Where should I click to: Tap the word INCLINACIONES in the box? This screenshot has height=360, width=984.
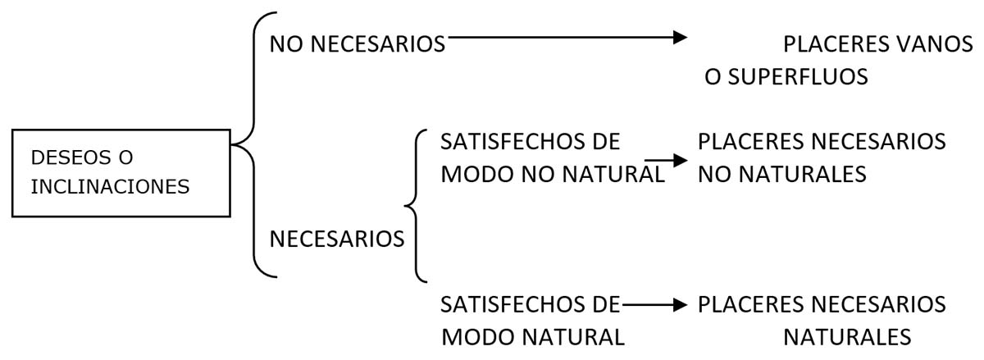pos(111,187)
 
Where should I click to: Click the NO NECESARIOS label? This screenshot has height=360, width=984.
pos(358,44)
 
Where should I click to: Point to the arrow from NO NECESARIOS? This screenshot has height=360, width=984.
pos(566,37)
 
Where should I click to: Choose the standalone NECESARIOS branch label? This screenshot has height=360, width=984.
pos(337,239)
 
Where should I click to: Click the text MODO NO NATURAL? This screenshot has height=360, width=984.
pos(552,175)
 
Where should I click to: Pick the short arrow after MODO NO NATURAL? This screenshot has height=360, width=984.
pos(665,162)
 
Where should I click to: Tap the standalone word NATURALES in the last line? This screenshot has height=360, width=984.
pos(847,337)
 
